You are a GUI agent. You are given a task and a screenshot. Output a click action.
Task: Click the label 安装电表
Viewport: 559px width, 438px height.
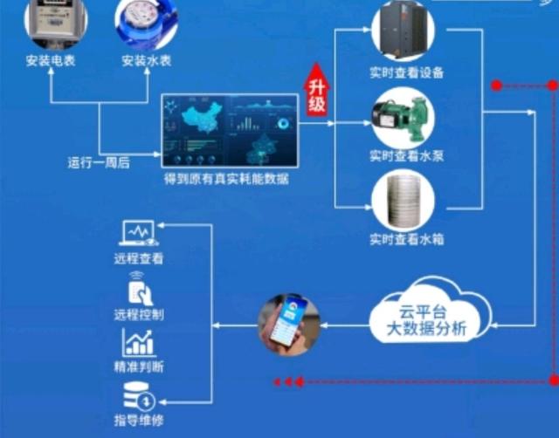51,60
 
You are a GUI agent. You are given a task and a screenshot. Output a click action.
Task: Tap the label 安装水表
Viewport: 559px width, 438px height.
147,60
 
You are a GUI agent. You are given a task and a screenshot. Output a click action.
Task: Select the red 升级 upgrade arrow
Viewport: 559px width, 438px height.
316,90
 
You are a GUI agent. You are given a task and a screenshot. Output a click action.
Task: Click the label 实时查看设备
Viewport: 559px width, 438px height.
407,72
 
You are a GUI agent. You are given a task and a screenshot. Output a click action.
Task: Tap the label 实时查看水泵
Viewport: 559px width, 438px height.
407,156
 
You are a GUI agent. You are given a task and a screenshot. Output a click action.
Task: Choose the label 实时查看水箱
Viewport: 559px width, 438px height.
407,239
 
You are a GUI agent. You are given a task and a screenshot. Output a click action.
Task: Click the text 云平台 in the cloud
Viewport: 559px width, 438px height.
423,312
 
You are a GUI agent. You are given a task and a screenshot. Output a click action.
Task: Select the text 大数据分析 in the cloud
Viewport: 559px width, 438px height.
426,328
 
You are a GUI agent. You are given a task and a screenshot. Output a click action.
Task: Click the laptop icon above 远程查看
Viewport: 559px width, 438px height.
138,234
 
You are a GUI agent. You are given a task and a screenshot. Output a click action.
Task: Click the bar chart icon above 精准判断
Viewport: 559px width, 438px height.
139,343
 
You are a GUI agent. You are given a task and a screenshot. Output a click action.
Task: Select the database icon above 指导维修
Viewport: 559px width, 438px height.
139,395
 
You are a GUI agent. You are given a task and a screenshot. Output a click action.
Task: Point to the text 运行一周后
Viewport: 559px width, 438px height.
99,163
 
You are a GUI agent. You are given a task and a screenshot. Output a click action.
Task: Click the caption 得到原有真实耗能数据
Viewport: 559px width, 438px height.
226,179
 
